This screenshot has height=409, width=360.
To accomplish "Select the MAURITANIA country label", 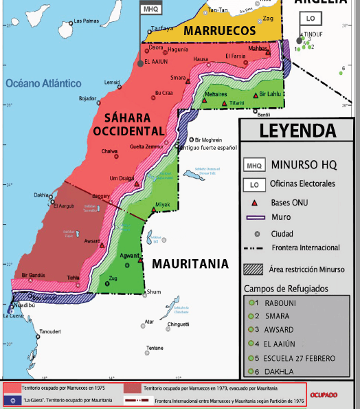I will click(x=190, y=263).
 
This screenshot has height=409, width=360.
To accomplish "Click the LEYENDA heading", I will click(x=297, y=131).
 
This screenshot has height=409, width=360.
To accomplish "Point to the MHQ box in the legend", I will click(x=254, y=165).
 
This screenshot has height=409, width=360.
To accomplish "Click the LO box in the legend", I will click(x=254, y=184).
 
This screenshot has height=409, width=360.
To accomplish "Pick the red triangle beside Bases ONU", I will click(x=255, y=202).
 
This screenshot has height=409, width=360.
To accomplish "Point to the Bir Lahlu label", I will click(x=269, y=94).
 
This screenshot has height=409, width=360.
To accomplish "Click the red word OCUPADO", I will click(x=323, y=395).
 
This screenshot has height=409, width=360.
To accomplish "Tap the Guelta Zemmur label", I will click(x=146, y=146).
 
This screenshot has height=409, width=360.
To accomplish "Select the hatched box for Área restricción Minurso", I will click(x=254, y=269).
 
